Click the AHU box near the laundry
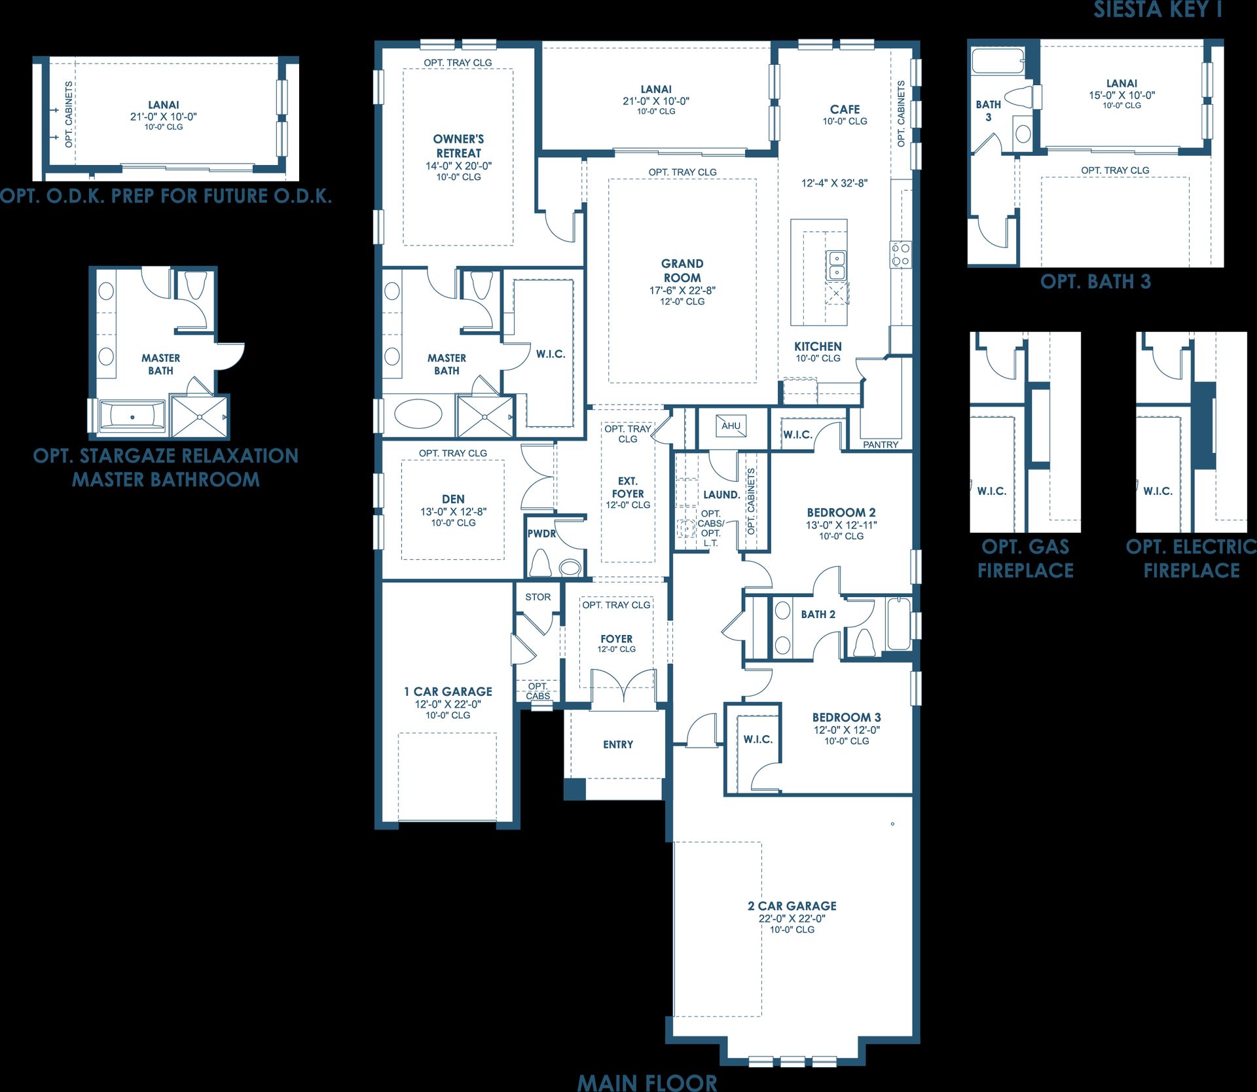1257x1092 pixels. click(x=731, y=426)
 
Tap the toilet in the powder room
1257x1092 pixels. click(x=541, y=562)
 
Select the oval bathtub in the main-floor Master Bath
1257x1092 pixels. click(x=419, y=414)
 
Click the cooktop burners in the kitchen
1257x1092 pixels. click(x=900, y=254)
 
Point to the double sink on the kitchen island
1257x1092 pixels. click(x=836, y=265)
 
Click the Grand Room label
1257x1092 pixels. click(x=682, y=270)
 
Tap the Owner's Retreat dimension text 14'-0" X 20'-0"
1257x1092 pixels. click(x=458, y=166)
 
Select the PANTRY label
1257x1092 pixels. click(x=881, y=445)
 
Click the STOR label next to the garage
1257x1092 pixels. click(x=537, y=597)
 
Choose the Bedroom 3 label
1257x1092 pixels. click(x=847, y=717)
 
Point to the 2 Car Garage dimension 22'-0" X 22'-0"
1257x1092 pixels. click(x=792, y=919)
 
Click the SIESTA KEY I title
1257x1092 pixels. click(x=1157, y=9)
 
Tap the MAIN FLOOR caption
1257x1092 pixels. click(x=647, y=1082)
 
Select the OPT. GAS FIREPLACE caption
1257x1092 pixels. click(x=1026, y=558)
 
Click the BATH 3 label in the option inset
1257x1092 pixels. click(x=988, y=111)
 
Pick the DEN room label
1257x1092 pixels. click(x=453, y=499)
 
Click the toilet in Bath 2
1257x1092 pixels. click(x=864, y=642)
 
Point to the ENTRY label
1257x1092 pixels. click(x=618, y=744)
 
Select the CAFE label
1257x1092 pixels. click(x=845, y=109)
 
